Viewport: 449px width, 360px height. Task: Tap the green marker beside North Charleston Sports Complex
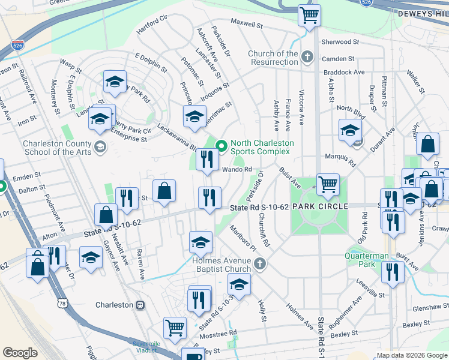[x=221, y=145]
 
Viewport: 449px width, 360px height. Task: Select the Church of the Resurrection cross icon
[x=307, y=58]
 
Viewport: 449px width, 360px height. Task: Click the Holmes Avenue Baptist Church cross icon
[x=259, y=263]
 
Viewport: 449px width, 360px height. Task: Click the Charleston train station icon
[x=140, y=305]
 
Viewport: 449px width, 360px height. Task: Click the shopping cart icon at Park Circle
[x=328, y=185]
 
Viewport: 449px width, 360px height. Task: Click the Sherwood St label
[x=340, y=42]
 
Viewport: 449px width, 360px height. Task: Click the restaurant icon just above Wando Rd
[x=205, y=160]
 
